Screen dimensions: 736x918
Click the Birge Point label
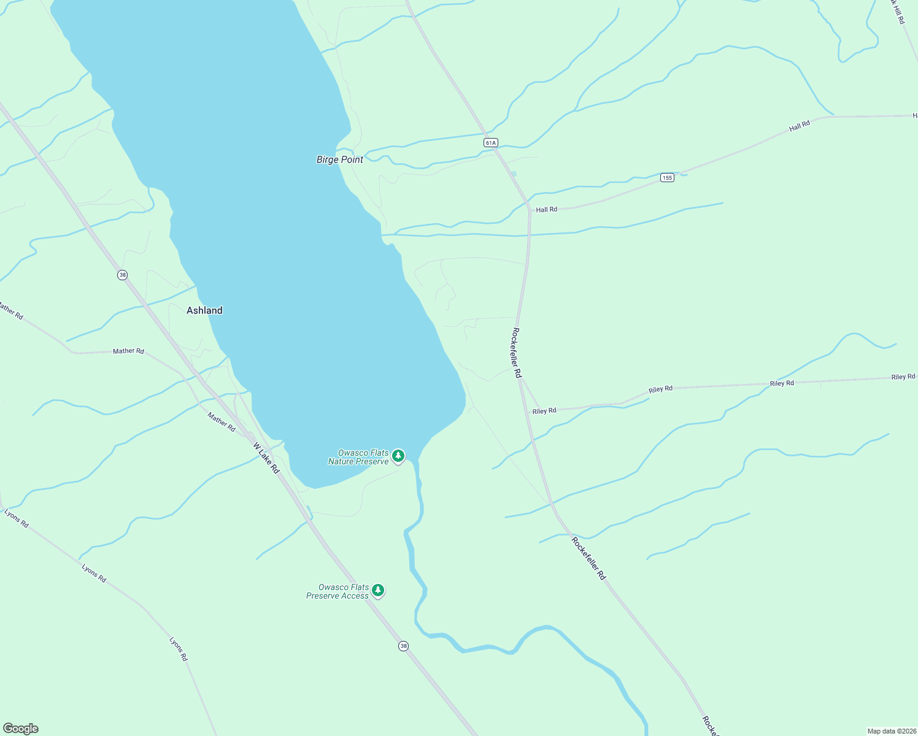pyautogui.click(x=339, y=159)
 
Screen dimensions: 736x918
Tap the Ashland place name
pyautogui.click(x=204, y=310)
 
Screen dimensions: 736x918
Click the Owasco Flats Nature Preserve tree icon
pyautogui.click(x=398, y=456)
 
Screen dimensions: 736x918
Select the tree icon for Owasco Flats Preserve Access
pyautogui.click(x=378, y=590)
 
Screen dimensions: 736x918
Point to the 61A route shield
pyautogui.click(x=490, y=143)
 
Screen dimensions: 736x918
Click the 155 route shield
pyautogui.click(x=667, y=178)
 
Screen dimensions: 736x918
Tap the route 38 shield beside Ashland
pyautogui.click(x=123, y=275)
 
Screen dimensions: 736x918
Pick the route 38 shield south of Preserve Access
pyautogui.click(x=403, y=646)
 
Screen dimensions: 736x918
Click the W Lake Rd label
pyautogui.click(x=266, y=458)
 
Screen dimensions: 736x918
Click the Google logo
pyautogui.click(x=21, y=729)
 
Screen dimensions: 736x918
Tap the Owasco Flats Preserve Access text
pyautogui.click(x=337, y=591)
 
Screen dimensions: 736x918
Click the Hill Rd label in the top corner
pyautogui.click(x=897, y=11)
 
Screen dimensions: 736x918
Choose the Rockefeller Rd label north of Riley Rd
pyautogui.click(x=517, y=353)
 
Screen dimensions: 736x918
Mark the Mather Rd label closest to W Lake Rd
pyautogui.click(x=221, y=422)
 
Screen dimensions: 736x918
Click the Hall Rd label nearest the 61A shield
pyautogui.click(x=546, y=210)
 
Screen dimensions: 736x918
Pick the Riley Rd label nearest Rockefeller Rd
pyautogui.click(x=544, y=411)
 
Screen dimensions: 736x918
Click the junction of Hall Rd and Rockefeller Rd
pyautogui.click(x=529, y=209)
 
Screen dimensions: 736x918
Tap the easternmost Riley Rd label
pyautogui.click(x=903, y=377)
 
